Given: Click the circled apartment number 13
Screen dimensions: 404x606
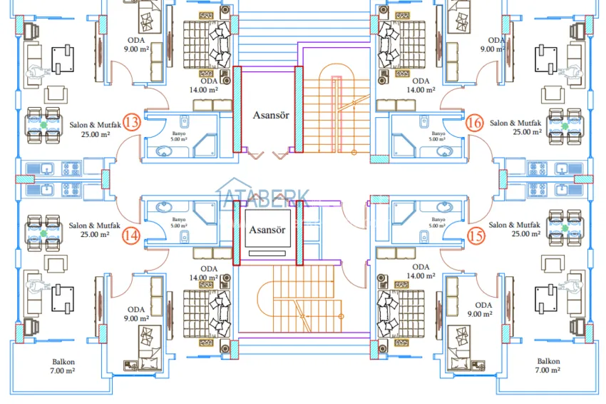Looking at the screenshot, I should pos(131,122).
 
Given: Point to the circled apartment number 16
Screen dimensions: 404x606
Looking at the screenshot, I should pos(475,123).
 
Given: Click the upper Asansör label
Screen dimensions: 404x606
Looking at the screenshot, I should pos(271,114).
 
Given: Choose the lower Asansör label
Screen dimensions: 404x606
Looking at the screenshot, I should pos(267,230).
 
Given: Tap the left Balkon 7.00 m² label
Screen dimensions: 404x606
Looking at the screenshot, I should pos(63,366).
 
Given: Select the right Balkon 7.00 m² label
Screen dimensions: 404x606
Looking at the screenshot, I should pos(548,366).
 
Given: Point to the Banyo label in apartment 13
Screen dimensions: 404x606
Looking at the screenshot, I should pos(179,136).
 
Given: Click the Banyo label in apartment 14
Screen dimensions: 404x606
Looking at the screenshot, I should pos(179,223).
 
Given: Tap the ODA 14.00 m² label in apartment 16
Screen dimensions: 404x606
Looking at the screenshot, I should pos(421,86).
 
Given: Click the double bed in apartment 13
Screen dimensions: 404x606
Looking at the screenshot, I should pos(209,44).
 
